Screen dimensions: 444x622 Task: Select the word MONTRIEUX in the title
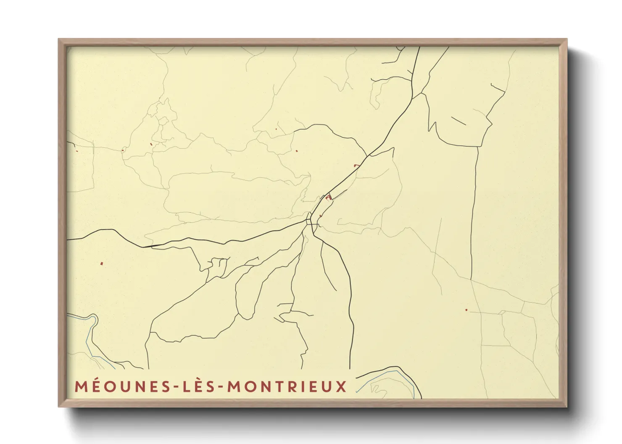coord(287,387)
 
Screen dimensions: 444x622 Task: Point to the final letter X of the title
coord(341,387)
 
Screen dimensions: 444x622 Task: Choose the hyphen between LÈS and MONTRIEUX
coord(220,387)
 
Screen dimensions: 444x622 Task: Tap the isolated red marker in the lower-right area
coord(466,310)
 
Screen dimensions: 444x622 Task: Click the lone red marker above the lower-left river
coord(102,264)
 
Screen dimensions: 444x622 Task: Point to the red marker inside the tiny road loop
coord(151,144)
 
